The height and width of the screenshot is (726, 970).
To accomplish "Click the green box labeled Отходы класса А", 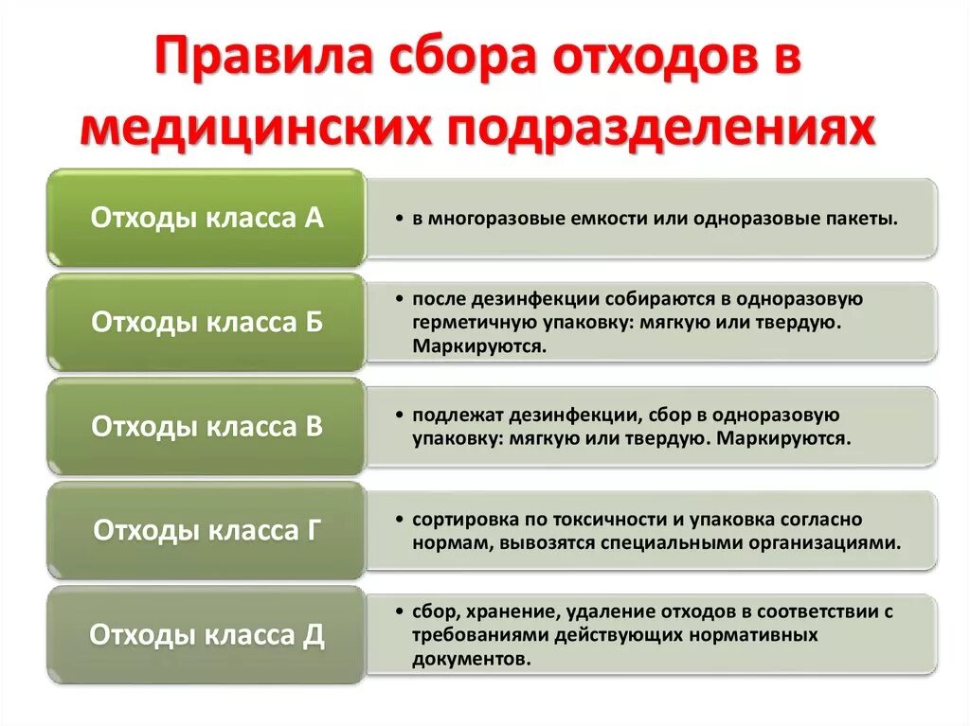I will click(x=207, y=219).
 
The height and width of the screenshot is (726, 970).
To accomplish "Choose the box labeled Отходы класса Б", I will click(x=207, y=323).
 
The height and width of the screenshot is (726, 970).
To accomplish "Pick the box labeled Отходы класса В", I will click(x=207, y=427).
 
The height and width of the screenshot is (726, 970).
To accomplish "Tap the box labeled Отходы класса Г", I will click(x=207, y=531).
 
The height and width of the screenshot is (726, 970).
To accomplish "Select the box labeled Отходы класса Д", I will click(x=207, y=635).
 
